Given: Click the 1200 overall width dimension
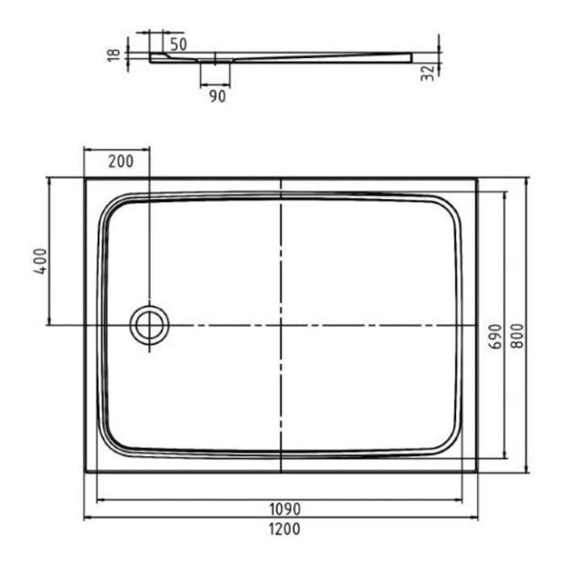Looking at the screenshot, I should (x=281, y=529).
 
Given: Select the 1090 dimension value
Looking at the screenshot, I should (x=281, y=509).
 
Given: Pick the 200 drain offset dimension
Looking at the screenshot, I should (x=120, y=160).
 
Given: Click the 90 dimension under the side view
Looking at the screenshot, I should (x=216, y=96).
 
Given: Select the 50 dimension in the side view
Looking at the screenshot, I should (x=178, y=44).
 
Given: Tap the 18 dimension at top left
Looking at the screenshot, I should (x=114, y=54).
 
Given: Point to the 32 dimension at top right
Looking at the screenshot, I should (x=429, y=71).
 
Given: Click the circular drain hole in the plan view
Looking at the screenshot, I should (x=149, y=326).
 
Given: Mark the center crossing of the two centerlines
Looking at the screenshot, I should (x=280, y=326).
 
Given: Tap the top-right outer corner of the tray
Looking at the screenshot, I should (x=477, y=179).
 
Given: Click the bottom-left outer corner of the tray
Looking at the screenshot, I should (x=85, y=472).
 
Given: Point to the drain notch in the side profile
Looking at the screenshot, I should (x=215, y=59).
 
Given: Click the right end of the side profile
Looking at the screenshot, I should (x=410, y=57).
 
